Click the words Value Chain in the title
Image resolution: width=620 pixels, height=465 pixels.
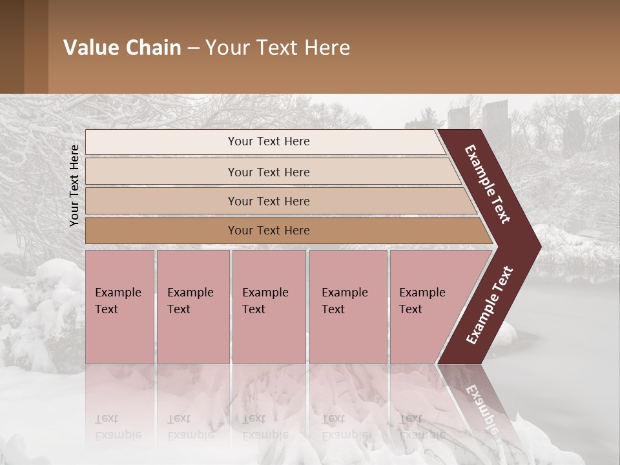[x=122, y=48]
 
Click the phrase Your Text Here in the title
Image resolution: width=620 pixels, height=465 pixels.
[x=278, y=48]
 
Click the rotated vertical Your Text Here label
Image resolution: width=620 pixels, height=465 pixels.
[x=74, y=185]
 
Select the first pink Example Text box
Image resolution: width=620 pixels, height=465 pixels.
[x=119, y=307]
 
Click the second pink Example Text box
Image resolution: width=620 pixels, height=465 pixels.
[x=192, y=307]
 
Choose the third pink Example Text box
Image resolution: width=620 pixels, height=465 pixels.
[x=269, y=307]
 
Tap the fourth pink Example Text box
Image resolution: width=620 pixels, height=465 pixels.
[x=347, y=307]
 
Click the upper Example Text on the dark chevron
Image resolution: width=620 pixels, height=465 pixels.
[x=488, y=185]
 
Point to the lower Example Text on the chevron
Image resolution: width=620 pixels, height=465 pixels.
[x=490, y=305]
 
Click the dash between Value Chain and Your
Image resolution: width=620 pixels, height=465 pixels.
[x=193, y=48]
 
